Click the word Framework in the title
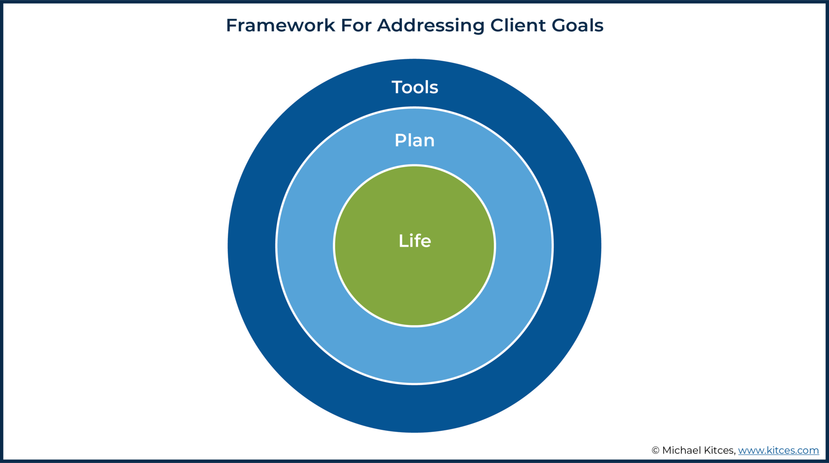click(x=280, y=26)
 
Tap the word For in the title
click(x=356, y=26)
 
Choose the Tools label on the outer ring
click(x=415, y=87)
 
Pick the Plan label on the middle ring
click(x=414, y=141)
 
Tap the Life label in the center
click(x=415, y=241)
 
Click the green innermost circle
click(x=414, y=284)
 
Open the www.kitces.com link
click(x=778, y=450)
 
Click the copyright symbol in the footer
click(x=655, y=450)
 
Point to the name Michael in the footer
click(x=681, y=450)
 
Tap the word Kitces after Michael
click(x=719, y=450)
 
